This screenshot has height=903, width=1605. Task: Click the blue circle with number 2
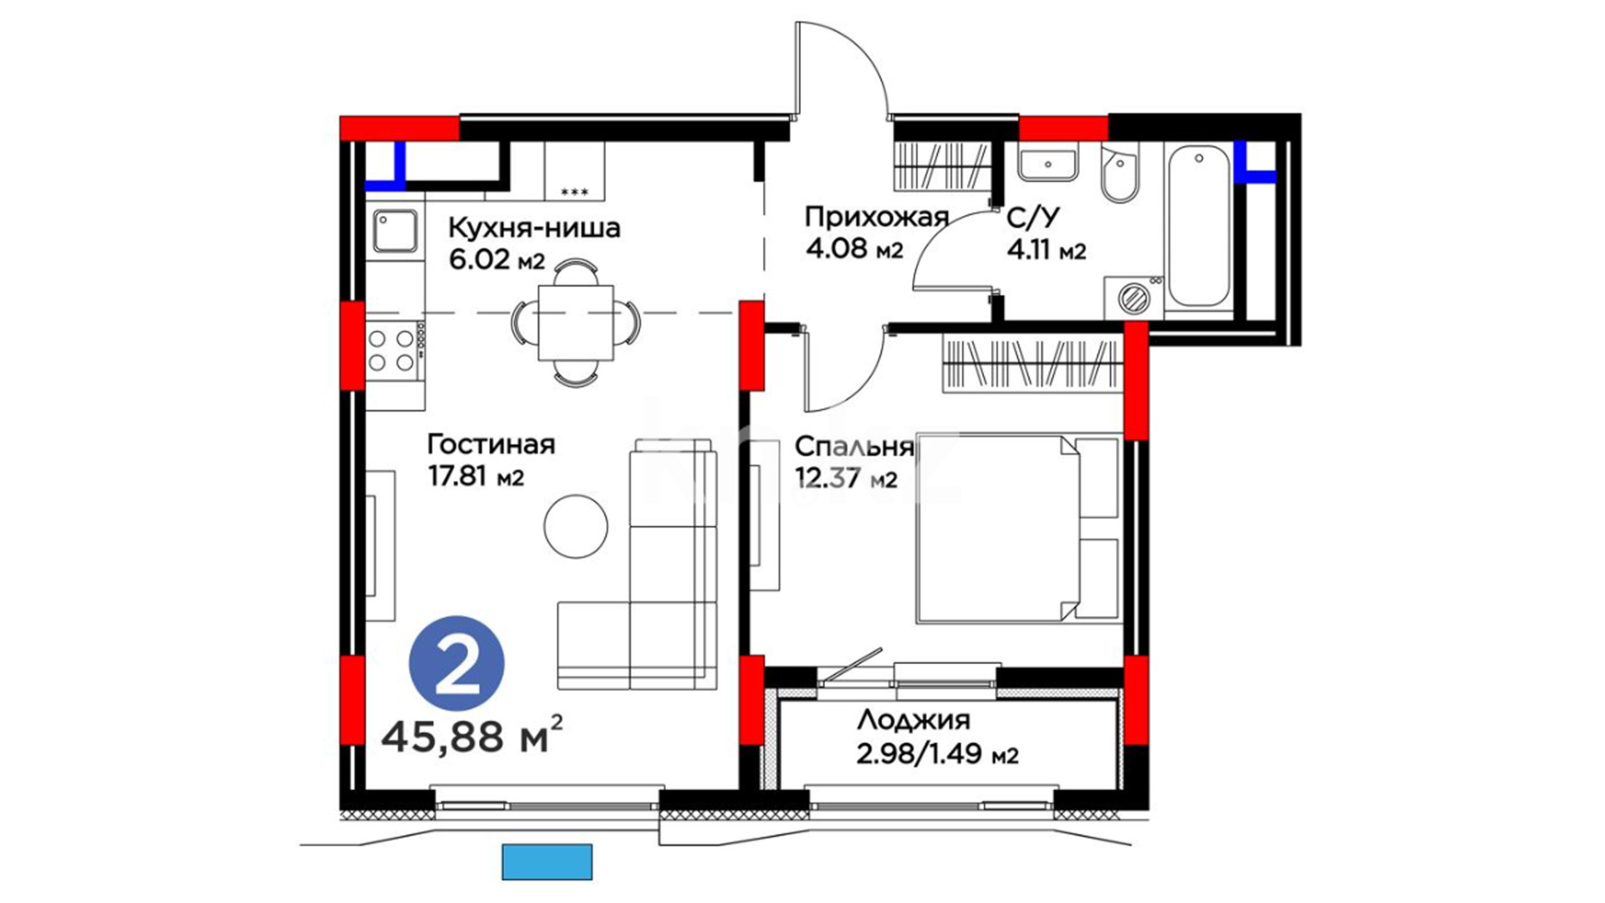[x=456, y=664]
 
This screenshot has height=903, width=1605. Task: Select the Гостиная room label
[x=491, y=444]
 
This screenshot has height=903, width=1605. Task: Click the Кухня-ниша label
[x=534, y=227]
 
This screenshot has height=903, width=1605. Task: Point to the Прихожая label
[x=876, y=217]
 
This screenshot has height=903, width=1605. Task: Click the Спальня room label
[x=853, y=446]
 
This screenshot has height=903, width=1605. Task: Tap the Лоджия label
[x=914, y=720]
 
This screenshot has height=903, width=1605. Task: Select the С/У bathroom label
[x=1032, y=218]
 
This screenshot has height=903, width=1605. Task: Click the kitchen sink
[x=395, y=230]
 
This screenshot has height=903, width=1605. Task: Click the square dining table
[x=576, y=323]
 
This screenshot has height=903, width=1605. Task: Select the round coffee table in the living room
[x=576, y=526]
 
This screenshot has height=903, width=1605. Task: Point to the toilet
[x=1119, y=174]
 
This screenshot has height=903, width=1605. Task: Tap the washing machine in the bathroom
[x=1134, y=297]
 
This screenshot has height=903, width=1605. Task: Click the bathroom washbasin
[x=1047, y=163]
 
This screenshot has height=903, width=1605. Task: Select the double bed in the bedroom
[x=1018, y=528]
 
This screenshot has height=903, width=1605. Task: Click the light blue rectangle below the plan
[x=547, y=862]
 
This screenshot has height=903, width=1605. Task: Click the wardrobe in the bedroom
[x=1032, y=364]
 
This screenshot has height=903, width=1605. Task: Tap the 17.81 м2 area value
[x=476, y=477]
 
